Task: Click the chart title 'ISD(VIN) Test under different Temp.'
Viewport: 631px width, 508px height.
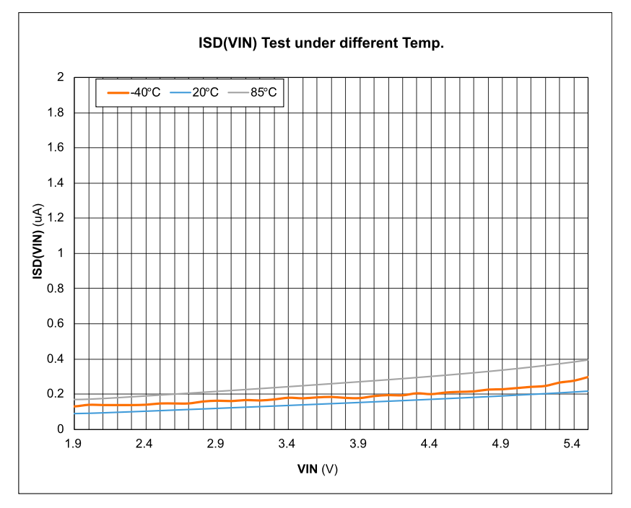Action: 321,43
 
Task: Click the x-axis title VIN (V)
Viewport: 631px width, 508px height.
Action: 318,469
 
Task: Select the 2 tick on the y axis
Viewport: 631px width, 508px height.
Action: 61,77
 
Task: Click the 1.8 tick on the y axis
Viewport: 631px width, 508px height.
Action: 56,113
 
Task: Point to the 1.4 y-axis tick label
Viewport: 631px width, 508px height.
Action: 56,183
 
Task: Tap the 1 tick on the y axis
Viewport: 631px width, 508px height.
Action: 61,253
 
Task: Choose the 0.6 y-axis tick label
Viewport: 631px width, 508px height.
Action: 56,323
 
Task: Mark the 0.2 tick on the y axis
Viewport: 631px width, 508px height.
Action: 56,394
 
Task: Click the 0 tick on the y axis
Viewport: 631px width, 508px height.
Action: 61,429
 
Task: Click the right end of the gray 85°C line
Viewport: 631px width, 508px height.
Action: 588,359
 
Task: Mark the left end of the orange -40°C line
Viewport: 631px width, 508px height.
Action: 74,407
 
